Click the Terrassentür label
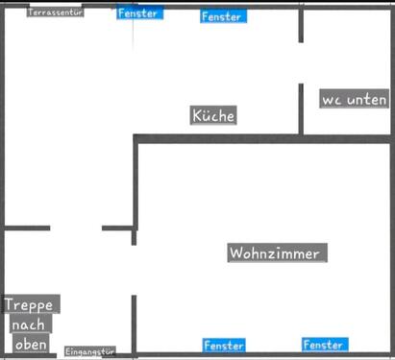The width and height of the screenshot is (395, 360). [56, 12]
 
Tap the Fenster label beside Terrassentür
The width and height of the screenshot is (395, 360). [139, 12]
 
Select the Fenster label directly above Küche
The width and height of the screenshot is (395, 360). [223, 16]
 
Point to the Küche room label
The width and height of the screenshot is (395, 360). [213, 115]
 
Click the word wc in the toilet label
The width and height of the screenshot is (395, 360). [332, 100]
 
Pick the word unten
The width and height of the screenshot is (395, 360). [367, 100]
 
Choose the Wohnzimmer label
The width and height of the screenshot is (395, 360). [278, 252]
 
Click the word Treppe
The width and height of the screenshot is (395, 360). [31, 304]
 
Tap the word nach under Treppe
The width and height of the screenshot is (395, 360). [31, 324]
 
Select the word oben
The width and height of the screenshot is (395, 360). [31, 344]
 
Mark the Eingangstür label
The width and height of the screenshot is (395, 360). [90, 351]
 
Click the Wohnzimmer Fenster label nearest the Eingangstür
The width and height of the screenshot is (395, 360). [224, 345]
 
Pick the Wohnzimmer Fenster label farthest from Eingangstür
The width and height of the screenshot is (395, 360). [325, 345]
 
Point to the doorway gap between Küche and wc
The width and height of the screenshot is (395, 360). [301, 63]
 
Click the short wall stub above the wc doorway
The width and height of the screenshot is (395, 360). [301, 25]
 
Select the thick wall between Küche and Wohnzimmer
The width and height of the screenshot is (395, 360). [263, 139]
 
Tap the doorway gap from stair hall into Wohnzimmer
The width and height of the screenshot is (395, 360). [135, 270]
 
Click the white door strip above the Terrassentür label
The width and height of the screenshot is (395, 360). [56, 5]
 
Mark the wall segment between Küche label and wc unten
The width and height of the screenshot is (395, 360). [301, 109]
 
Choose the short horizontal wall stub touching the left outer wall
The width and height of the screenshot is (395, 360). [27, 228]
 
